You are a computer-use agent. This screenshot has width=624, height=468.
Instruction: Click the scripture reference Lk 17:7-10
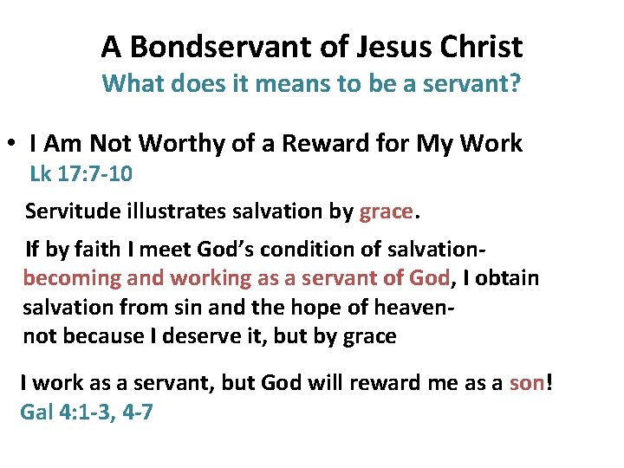(x=81, y=174)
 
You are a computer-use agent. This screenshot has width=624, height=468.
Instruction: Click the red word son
(x=527, y=383)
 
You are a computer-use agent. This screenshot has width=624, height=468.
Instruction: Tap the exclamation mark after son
(x=548, y=382)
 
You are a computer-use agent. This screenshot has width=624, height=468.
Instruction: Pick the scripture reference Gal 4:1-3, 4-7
(x=87, y=412)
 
